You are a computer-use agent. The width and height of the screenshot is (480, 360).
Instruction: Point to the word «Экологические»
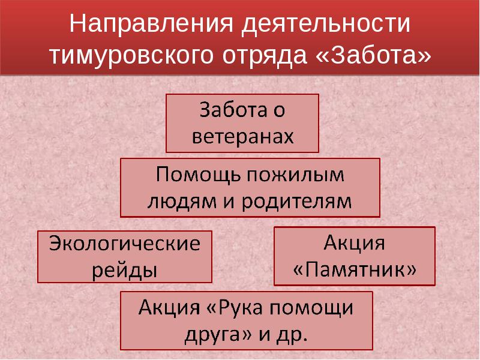124,245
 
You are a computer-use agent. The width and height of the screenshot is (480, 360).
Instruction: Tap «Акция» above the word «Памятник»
354,243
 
